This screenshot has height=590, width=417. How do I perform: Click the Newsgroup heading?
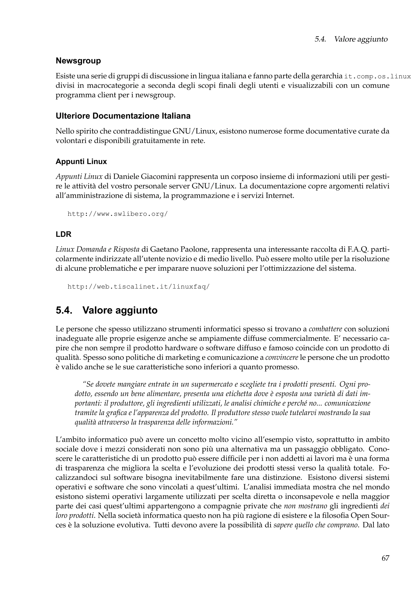click(78, 61)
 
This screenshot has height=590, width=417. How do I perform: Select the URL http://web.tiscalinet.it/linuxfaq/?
click(138, 287)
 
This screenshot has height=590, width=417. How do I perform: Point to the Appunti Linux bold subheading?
click(81, 162)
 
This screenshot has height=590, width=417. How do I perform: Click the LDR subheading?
click(64, 234)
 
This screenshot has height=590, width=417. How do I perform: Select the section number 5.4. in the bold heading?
click(64, 310)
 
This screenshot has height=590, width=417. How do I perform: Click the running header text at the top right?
click(351, 39)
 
